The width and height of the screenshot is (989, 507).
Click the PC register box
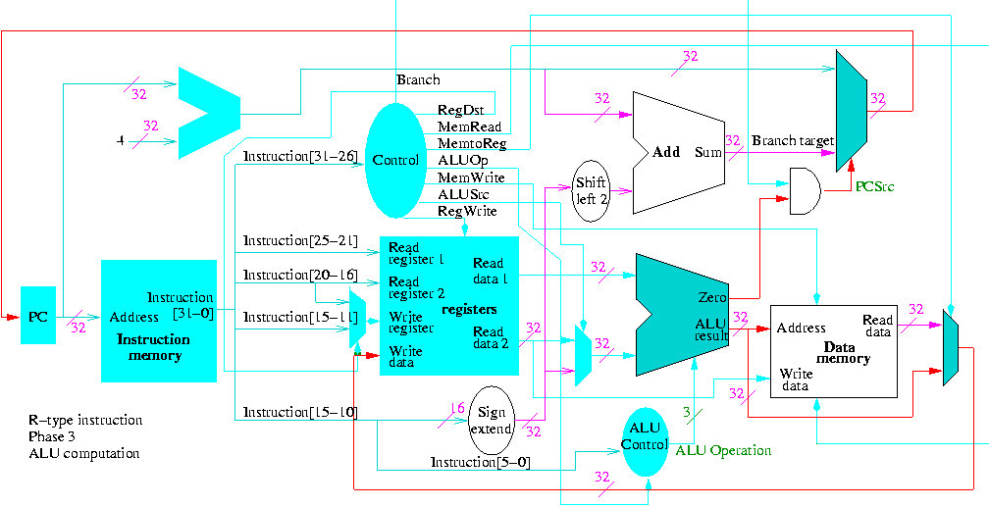pos(38,316)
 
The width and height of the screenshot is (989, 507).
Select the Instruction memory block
pos(158,321)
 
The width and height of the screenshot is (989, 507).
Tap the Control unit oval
pos(397,160)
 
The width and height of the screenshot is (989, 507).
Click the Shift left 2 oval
pos(592,190)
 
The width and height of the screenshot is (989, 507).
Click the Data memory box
pos(833,350)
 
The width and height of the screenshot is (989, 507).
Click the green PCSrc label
pos(873,185)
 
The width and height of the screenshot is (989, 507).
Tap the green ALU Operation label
pos(723,450)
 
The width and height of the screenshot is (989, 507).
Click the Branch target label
pos(792,140)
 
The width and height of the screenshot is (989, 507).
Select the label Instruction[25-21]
pos(289,240)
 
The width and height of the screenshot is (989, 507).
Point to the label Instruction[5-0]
pos(480,462)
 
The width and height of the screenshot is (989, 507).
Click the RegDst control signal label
pos(456,111)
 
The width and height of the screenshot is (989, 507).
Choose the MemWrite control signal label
pos(471,177)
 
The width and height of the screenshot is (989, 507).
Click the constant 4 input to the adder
pos(120,140)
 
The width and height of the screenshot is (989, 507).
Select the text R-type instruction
pos(85,420)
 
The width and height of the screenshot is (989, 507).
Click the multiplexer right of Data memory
pos(949,347)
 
